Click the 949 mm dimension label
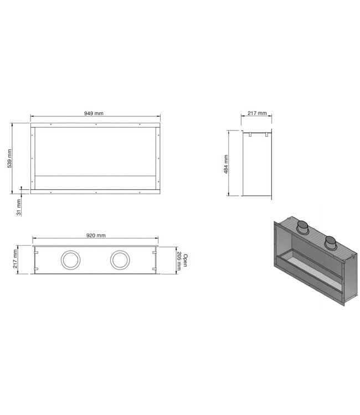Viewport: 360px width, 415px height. coord(94,113)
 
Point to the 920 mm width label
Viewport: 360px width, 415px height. coord(96,235)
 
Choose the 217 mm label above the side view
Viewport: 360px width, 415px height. coord(257,113)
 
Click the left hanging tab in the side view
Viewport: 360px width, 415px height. coord(250,134)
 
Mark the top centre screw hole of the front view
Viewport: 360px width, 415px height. coord(96,126)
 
